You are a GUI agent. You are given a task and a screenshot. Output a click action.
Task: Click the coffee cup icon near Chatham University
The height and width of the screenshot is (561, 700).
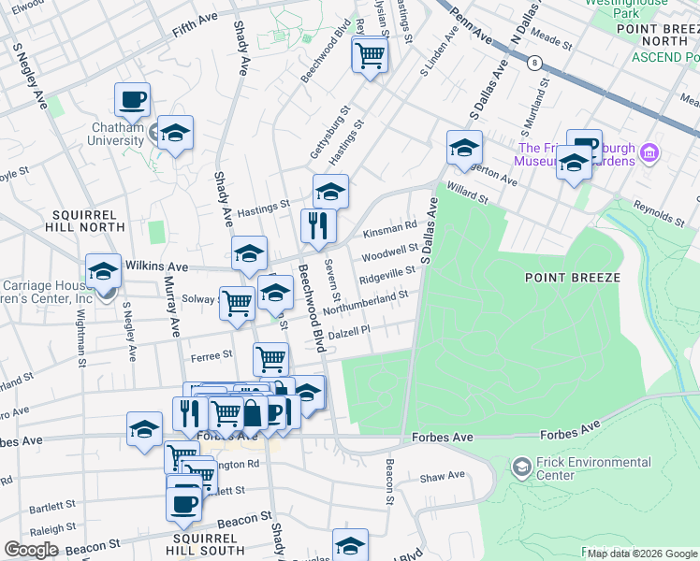click(x=132, y=100)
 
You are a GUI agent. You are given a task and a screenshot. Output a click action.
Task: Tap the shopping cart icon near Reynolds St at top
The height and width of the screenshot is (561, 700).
click(x=370, y=56)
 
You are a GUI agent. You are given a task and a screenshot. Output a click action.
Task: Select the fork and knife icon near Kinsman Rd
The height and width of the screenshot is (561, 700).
click(x=318, y=225)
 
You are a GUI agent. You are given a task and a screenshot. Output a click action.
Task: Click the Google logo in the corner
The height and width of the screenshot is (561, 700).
click(x=32, y=550)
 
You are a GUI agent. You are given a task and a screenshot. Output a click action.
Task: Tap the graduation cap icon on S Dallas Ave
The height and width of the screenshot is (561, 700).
click(x=463, y=148)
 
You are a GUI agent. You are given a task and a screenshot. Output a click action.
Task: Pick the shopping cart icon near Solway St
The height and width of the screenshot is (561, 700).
click(x=238, y=302)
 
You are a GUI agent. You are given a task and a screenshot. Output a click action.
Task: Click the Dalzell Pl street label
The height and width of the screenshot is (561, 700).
click(x=346, y=329)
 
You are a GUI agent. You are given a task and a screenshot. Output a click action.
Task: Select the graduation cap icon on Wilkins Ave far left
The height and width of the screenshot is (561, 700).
click(x=103, y=272)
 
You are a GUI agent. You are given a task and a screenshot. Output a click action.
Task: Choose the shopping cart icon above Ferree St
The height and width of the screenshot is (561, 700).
click(x=270, y=358)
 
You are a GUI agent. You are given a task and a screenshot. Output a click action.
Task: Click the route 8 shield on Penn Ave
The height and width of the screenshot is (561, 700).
click(x=534, y=63)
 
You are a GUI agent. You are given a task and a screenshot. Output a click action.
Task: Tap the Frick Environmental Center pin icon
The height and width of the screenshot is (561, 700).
click(x=522, y=465)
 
